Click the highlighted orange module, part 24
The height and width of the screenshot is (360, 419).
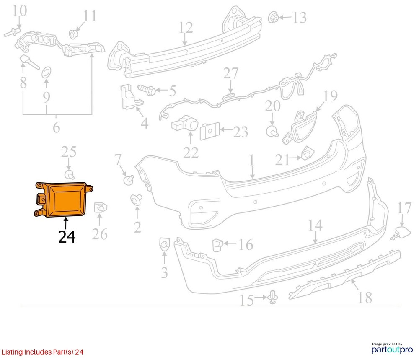64,199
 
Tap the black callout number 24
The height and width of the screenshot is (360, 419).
67,236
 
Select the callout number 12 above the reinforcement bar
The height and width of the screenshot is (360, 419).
186,28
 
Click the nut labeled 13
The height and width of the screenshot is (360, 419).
273,17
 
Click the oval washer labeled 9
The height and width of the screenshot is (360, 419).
47,72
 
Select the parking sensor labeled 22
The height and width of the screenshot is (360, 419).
184,124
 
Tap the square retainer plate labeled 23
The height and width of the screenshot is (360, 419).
210,131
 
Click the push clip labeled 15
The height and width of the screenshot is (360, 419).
273,297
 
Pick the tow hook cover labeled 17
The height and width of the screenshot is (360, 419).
401,232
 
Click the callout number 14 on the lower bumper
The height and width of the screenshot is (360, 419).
316,225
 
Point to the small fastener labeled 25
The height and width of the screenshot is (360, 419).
70,174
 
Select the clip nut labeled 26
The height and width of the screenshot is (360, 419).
100,208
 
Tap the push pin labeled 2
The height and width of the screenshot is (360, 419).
136,199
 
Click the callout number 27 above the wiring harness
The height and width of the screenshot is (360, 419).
231,73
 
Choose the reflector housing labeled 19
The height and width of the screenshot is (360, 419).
299,127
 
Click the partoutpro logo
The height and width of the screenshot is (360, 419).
392,348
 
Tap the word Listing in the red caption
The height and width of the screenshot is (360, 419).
12,352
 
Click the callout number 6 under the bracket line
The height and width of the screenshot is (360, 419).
57,128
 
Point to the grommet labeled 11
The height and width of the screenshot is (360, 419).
73,34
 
